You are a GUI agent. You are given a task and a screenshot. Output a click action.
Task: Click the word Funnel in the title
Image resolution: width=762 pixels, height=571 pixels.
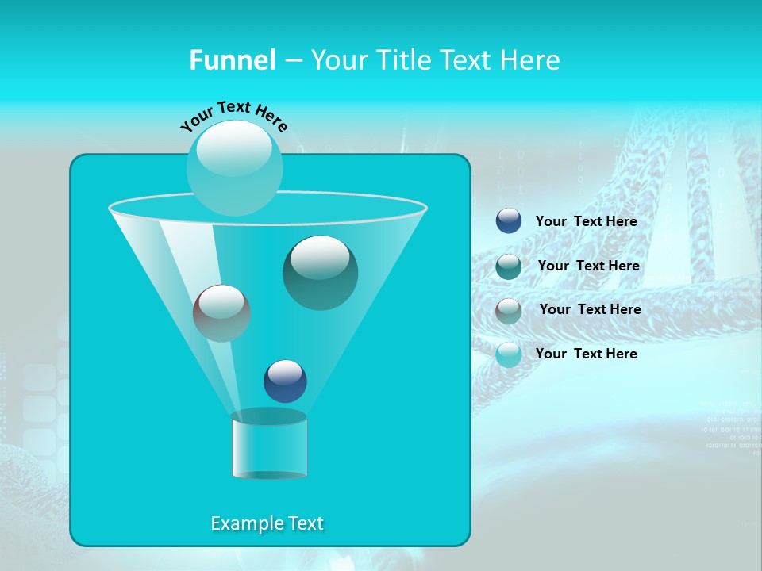(233, 60)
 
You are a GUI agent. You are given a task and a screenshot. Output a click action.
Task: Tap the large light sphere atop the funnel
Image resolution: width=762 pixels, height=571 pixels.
(235, 167)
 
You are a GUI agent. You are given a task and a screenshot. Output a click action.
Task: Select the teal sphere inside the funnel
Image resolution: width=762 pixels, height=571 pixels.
(321, 273)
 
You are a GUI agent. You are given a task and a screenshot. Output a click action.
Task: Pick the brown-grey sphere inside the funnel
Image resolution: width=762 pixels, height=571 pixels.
(221, 313)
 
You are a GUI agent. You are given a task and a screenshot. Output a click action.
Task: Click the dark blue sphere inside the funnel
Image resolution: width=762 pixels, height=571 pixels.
(285, 381)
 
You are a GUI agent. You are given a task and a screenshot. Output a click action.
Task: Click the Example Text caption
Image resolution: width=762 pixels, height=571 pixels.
(267, 523)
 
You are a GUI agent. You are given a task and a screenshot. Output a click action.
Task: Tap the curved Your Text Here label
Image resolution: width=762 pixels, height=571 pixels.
(233, 116)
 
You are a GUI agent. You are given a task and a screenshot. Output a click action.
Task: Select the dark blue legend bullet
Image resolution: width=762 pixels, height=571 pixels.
(509, 221)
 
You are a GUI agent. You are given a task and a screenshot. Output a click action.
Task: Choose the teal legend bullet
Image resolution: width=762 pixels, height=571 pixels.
(509, 266)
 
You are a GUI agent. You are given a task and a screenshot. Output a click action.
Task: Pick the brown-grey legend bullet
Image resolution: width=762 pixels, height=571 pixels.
(509, 310)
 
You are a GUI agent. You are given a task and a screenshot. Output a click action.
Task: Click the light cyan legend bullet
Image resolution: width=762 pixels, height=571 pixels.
(509, 354)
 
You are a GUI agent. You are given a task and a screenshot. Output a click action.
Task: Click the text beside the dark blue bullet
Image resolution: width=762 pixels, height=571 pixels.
(587, 222)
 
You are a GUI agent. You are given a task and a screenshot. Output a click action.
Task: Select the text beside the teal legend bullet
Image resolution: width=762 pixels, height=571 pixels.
(588, 266)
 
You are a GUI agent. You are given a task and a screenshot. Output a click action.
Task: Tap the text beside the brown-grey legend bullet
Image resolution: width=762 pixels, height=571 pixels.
(590, 310)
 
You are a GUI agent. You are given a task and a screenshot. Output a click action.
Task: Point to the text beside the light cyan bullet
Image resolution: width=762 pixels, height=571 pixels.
(587, 354)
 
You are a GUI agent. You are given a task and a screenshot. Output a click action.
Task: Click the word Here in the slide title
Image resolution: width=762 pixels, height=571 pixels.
(533, 60)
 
